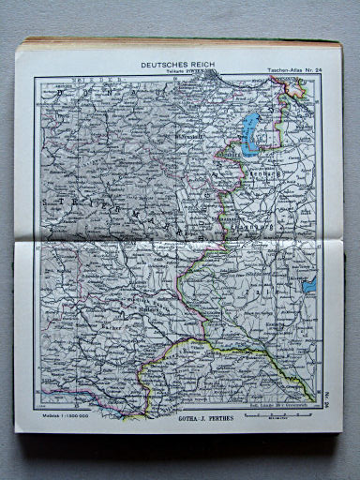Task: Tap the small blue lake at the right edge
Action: click(309, 284)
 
